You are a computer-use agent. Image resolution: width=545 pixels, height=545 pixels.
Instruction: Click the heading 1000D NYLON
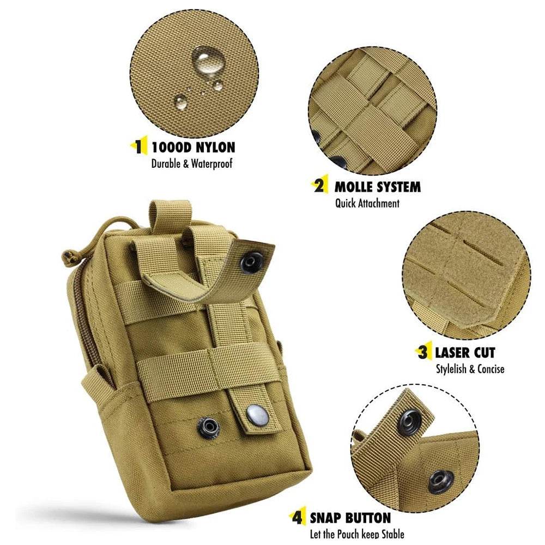click(x=193, y=147)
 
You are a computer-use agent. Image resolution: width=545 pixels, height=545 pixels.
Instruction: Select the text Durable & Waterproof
click(x=191, y=163)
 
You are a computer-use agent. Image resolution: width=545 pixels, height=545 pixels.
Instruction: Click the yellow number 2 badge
click(x=319, y=186)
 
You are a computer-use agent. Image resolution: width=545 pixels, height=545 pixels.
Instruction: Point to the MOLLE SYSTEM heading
click(x=377, y=187)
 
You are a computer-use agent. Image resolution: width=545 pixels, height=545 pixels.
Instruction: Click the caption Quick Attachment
click(x=367, y=203)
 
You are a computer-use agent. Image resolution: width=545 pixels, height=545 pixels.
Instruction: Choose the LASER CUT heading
click(x=464, y=352)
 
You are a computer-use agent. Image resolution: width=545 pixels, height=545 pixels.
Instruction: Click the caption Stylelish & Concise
click(x=470, y=369)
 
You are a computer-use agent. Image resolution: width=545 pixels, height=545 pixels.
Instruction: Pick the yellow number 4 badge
click(x=297, y=517)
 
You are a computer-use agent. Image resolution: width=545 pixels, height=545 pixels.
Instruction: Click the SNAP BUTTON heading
click(x=350, y=517)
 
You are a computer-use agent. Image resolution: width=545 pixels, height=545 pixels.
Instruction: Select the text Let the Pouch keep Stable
click(x=356, y=534)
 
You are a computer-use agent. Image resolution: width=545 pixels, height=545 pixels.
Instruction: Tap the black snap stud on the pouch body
click(x=208, y=427)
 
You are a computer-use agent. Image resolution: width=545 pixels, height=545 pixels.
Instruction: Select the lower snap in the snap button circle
click(x=440, y=480)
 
